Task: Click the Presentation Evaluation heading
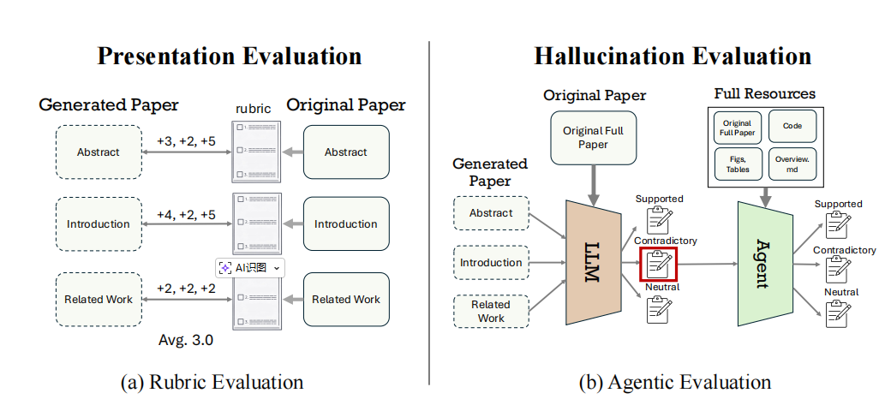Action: point(229,57)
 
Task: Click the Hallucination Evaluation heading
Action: point(673,57)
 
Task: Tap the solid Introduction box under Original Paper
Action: point(345,224)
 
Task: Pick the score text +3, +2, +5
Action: point(186,141)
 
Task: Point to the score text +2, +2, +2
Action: point(186,289)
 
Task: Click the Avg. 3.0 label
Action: point(186,340)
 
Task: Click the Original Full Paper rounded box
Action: point(593,138)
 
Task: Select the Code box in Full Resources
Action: point(792,125)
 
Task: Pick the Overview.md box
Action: point(792,164)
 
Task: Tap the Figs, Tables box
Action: point(738,164)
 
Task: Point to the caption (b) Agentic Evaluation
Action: point(674,382)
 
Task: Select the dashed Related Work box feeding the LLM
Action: point(491,311)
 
